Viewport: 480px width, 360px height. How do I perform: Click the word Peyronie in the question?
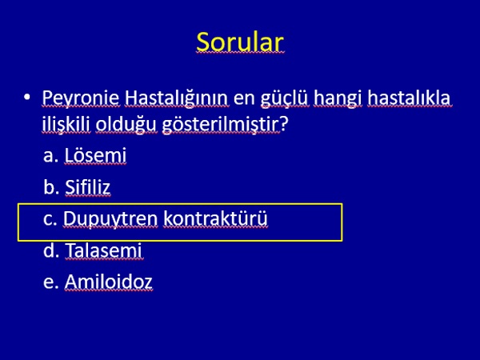coord(81,98)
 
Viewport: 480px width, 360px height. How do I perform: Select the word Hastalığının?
coord(176,98)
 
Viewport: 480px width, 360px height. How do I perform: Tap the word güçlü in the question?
coord(284,98)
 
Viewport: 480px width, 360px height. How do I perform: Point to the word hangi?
coord(338,98)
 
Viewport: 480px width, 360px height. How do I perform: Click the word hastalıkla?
coord(409,98)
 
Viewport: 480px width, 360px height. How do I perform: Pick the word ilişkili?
coord(66,125)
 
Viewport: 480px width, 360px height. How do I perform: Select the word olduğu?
coord(126,125)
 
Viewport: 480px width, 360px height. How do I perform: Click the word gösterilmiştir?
coord(221,125)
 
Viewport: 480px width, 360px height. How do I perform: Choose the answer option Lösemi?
coord(95,155)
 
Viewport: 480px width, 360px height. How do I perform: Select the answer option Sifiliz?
coord(87,186)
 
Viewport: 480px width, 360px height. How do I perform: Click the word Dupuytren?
coord(110,219)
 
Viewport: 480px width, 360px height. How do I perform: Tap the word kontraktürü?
coord(215,218)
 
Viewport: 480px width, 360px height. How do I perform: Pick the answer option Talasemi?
coord(104,250)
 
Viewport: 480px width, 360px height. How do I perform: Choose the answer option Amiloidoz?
coord(108,282)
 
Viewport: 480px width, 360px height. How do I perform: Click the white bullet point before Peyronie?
coord(27,98)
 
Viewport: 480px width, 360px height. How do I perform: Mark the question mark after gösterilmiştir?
coord(284,123)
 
